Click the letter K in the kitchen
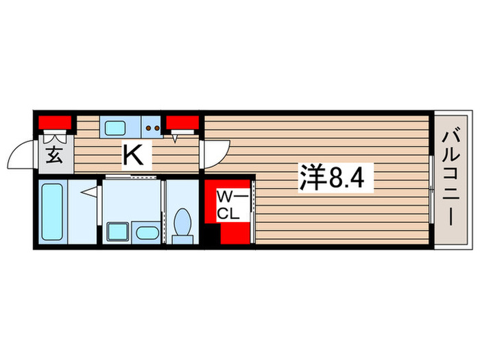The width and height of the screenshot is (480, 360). [133, 156]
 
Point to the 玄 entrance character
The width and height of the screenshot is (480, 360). [53, 155]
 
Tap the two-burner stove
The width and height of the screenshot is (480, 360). [152, 127]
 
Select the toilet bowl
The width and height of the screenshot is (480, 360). [183, 220]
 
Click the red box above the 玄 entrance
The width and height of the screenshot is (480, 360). [56, 123]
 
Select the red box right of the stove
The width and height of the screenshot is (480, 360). [182, 123]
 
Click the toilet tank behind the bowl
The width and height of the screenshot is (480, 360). [182, 239]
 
